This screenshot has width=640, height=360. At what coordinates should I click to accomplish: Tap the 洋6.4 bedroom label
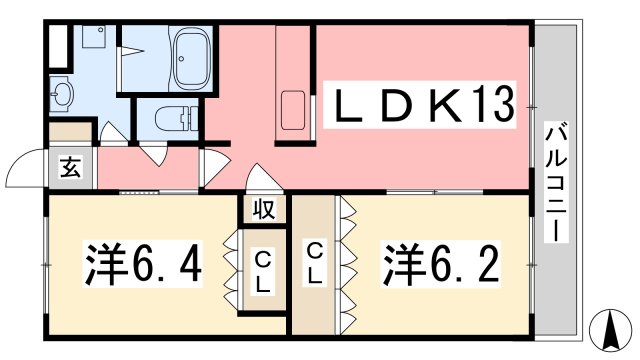click(143, 263)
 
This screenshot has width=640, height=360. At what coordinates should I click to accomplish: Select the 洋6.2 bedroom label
click(440, 263)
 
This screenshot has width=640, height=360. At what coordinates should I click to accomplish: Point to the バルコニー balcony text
click(556, 182)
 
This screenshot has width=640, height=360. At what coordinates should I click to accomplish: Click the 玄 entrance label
click(70, 167)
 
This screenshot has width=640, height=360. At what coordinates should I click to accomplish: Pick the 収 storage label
click(263, 209)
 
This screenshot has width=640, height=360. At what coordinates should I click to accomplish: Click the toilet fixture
click(177, 118)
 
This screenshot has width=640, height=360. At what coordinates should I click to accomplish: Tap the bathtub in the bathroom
click(192, 60)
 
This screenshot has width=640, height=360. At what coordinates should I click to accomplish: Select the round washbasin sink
click(61, 94)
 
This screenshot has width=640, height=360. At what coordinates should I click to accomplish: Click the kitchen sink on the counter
click(293, 110)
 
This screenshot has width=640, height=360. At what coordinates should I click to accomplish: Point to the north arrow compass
click(611, 330)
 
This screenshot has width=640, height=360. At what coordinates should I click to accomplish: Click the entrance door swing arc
click(20, 162)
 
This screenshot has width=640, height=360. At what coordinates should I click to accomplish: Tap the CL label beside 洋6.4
click(262, 272)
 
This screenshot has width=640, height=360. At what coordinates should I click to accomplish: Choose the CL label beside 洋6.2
click(314, 263)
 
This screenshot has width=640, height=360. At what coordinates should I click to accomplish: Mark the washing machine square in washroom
click(94, 36)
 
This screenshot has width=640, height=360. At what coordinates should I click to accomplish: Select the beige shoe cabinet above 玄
click(70, 132)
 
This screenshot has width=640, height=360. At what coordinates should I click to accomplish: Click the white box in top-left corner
click(58, 46)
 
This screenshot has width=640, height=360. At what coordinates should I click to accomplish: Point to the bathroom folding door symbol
click(131, 51)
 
